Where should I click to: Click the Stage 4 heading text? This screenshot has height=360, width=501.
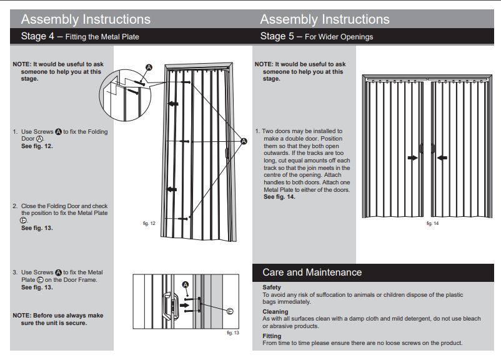pos(80,36)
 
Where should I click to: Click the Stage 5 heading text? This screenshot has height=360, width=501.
pos(316,36)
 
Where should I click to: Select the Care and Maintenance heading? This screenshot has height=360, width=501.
pos(312,272)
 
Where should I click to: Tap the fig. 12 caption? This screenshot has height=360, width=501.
pos(149,223)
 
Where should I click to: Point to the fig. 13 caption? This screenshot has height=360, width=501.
pos(232,332)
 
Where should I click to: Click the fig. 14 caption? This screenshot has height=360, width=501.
pos(432,223)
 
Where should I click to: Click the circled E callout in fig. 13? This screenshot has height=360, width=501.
pos(230,311)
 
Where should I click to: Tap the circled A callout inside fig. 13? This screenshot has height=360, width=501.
pos(186,285)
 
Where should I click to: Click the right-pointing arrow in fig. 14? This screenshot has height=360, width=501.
pos(412,158)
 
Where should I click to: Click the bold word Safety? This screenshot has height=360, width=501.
pos(272,287)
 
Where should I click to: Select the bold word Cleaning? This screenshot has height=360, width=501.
pos(275,311)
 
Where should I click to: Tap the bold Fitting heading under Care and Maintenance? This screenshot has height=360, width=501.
pos(272,336)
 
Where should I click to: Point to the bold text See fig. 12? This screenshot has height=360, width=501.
pos(37,146)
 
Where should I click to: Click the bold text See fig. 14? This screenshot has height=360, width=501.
pos(279,197)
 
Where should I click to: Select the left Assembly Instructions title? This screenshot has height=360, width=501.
pos(86,19)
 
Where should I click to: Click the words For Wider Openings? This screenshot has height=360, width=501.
pos(339,37)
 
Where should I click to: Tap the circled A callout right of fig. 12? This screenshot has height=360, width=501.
pos(244,142)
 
